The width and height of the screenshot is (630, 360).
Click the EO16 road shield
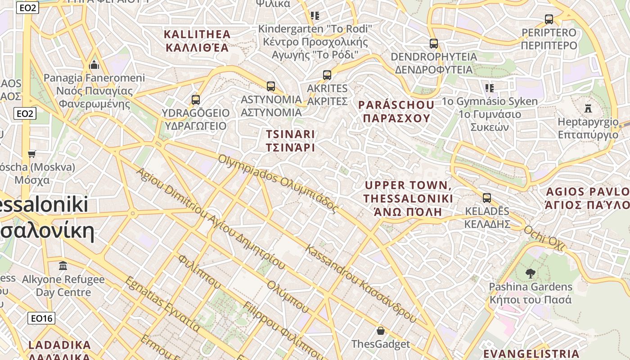coord(41,319)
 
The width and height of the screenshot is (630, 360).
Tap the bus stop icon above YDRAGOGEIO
coord(195,100)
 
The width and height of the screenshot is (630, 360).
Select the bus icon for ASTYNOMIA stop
coord(270,86)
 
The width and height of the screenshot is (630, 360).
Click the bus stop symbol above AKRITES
coord(327,75)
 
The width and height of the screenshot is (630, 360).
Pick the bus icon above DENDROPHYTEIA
coord(433,44)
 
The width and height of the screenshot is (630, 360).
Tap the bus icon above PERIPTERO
coord(549,19)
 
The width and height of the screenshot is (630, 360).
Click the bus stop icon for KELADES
coord(486,198)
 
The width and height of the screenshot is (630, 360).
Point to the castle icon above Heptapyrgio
coord(588,108)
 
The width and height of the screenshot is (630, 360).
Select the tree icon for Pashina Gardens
coord(530,273)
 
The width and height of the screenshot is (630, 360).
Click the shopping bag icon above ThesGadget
coord(381,331)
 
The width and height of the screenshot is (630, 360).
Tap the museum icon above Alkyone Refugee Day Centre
coord(63,266)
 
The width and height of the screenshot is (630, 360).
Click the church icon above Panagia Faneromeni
coord(94,65)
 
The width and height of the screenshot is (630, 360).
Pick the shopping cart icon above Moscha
coord(31,154)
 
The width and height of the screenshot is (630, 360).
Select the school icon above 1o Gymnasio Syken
coord(489,88)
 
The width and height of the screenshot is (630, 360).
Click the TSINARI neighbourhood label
coord(290,141)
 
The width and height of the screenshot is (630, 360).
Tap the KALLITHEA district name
coord(197,40)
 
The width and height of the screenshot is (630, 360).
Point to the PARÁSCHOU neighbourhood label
coord(396,112)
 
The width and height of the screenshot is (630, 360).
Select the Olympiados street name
coord(278,183)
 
